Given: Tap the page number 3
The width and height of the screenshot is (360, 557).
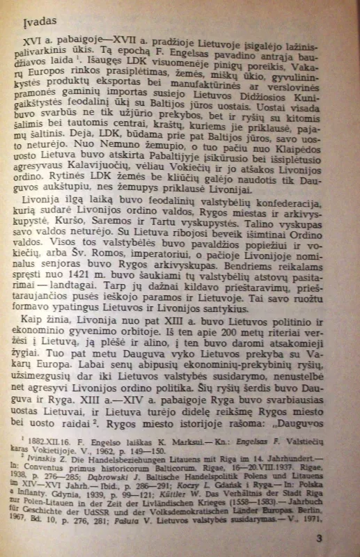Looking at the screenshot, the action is tap(318, 538).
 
